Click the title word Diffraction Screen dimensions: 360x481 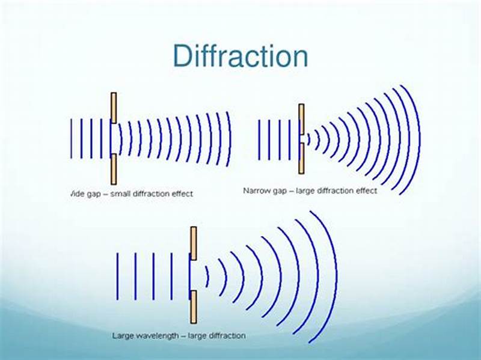coord(240,56)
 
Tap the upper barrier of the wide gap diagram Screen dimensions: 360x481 coord(114,108)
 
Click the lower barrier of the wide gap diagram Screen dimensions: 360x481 coord(114,169)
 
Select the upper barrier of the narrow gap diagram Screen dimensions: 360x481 coord(301,118)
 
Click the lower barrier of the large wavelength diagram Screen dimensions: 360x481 coord(194,307)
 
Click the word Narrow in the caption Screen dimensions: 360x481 coord(256,191)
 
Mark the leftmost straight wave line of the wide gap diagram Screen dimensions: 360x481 coord(72,138)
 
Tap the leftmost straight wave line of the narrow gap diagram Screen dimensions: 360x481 coord(259,139)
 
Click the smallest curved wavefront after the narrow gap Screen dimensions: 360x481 coord(309,139)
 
